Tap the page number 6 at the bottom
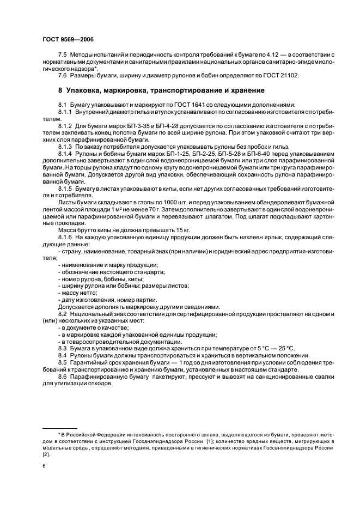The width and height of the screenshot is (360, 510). (x=44, y=466)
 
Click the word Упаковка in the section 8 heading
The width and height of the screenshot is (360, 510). (x=87, y=90)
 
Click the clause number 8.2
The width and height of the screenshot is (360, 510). (x=63, y=314)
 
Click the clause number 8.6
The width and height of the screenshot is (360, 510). (x=63, y=377)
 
